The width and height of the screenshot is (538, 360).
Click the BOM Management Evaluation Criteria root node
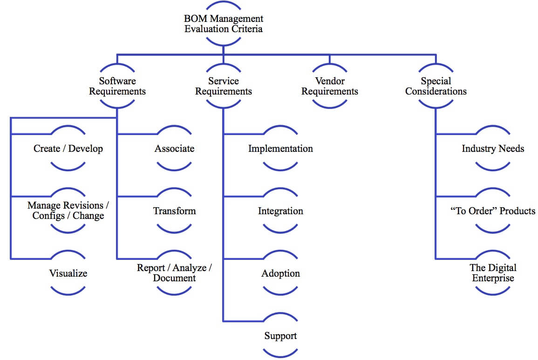click(224, 24)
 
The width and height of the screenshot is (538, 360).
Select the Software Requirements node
click(117, 86)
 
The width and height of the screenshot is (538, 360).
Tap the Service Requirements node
click(224, 86)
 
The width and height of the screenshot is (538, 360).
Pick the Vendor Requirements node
click(329, 86)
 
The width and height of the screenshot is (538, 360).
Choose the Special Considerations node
click(436, 86)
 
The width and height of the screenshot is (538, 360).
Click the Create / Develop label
click(68, 149)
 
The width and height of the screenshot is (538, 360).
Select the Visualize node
click(68, 273)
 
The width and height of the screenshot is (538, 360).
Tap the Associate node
click(174, 149)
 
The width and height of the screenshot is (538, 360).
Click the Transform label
click(174, 211)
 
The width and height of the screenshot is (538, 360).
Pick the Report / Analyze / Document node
click(174, 273)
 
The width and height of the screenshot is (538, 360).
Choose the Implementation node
click(280, 149)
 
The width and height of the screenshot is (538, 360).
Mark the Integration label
click(280, 211)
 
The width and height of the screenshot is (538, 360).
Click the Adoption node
click(280, 273)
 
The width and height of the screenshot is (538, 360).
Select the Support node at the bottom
click(280, 336)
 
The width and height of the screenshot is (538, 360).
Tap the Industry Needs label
click(493, 149)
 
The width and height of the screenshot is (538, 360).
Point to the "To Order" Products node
click(493, 211)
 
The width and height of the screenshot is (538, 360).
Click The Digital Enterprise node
click(493, 273)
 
